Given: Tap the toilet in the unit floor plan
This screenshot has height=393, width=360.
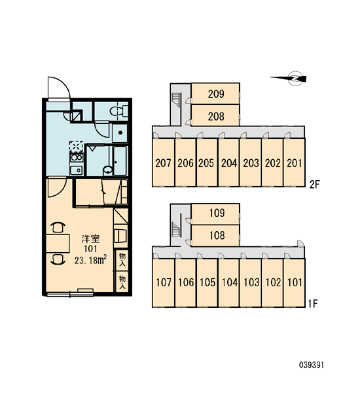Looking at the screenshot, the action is click(118, 111).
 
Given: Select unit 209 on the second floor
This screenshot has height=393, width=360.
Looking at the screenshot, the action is click(215, 94).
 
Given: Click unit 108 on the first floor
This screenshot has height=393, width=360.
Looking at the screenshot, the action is click(215, 235).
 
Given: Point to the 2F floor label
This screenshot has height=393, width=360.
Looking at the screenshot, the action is click(315, 185).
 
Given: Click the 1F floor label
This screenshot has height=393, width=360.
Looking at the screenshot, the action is click(313, 304).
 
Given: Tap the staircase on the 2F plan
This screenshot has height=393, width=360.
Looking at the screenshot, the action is click(176, 100).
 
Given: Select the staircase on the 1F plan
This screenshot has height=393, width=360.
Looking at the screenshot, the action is click(176, 229).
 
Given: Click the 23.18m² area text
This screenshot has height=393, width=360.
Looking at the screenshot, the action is click(91, 260).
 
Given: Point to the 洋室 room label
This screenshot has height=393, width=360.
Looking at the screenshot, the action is click(91, 239).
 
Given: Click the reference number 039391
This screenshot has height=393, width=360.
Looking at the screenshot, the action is click(312, 365).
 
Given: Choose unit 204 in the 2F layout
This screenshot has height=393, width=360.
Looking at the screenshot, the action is click(228, 162).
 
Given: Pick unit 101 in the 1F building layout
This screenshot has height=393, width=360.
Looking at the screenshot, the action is click(294, 282).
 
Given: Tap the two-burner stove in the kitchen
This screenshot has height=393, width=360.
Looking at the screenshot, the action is click(77, 158).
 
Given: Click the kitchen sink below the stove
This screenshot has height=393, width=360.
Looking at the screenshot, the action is click(77, 170).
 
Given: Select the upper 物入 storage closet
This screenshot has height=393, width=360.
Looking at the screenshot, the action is click(122, 260).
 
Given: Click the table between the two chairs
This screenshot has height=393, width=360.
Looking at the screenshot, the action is click(58, 243).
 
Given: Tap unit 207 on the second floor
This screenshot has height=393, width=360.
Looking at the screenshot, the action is click(164, 162).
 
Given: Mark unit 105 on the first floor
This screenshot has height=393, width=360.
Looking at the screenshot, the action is click(207, 282).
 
